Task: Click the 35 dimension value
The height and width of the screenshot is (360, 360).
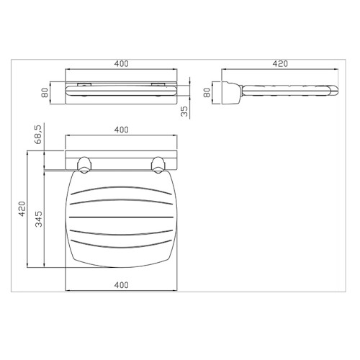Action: tap(184, 112)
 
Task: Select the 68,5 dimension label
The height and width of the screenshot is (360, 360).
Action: tap(38, 135)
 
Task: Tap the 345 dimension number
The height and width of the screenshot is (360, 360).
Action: tap(38, 219)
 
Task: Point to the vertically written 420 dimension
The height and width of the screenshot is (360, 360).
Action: tap(22, 209)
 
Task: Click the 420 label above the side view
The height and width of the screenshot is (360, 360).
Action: tap(280, 63)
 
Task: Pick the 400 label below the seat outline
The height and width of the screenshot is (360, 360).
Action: tap(121, 285)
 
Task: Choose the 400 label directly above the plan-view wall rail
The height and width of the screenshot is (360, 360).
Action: tap(121, 130)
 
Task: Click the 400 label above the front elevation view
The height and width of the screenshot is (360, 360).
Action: tap(121, 64)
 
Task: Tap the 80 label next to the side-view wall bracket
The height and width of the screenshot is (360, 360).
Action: tap(207, 93)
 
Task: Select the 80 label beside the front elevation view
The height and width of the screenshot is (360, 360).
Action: tap(45, 93)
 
